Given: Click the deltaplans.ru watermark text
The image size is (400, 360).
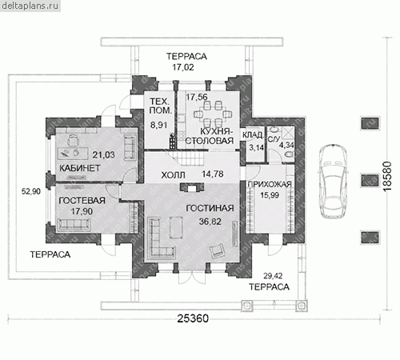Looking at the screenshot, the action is [x=30, y=6].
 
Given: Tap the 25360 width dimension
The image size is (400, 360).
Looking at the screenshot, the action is [x=193, y=318].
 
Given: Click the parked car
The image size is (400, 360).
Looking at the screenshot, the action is [x=334, y=182].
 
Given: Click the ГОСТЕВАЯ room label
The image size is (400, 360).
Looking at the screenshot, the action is [x=82, y=201].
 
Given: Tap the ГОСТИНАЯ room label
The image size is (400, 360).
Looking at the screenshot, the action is [x=210, y=208].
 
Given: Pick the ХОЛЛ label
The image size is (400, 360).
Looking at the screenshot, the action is [x=173, y=175].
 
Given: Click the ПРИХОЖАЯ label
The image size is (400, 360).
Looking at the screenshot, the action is [x=270, y=185].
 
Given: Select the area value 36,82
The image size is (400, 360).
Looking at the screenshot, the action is [x=210, y=222].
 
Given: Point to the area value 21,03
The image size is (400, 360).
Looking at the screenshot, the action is [x=103, y=154].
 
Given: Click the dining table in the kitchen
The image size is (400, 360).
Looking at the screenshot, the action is [x=212, y=114].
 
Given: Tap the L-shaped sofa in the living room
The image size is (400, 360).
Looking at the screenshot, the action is [x=161, y=238].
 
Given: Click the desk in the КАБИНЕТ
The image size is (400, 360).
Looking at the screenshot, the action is [x=73, y=152].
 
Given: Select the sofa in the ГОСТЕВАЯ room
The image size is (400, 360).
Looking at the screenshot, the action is [x=74, y=225].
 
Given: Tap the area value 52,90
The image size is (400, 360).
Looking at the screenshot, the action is [x=31, y=191].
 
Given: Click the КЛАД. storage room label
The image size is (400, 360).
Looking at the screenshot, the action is [x=253, y=135].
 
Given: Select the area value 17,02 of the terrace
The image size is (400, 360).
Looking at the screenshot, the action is [x=183, y=67].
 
